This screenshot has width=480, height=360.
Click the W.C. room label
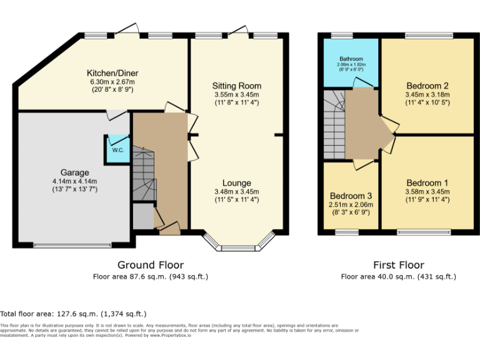(117, 150)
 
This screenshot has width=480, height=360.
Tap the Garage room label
(74, 172)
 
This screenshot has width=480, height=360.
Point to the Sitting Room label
(236, 86)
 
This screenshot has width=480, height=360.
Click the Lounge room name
(236, 183)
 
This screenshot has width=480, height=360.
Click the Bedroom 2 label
(427, 86)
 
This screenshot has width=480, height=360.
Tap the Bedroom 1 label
(427, 183)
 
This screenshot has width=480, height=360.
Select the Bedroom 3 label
(351, 195)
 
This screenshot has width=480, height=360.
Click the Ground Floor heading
(150, 265)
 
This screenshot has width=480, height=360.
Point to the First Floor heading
(398, 265)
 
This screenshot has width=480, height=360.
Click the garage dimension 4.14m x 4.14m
(74, 182)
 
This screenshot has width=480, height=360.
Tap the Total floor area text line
(73, 314)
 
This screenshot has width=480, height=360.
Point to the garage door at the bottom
(74, 245)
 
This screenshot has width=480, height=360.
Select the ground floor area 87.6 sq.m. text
(150, 276)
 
